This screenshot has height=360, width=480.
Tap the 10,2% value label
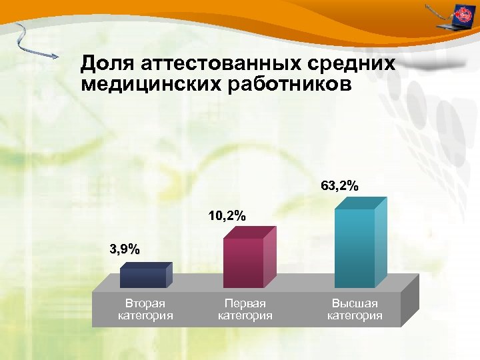227,216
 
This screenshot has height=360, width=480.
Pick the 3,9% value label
125,250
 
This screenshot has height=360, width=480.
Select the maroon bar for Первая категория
243,261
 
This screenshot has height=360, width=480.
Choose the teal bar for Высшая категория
355,247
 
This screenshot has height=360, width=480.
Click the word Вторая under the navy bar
145,304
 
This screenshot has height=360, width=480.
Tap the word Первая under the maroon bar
245,304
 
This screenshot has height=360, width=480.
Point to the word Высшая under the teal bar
355,304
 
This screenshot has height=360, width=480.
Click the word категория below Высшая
355,316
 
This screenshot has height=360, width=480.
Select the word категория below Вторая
145,316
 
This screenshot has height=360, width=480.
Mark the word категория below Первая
245,316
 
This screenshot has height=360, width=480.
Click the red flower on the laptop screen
461,13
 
